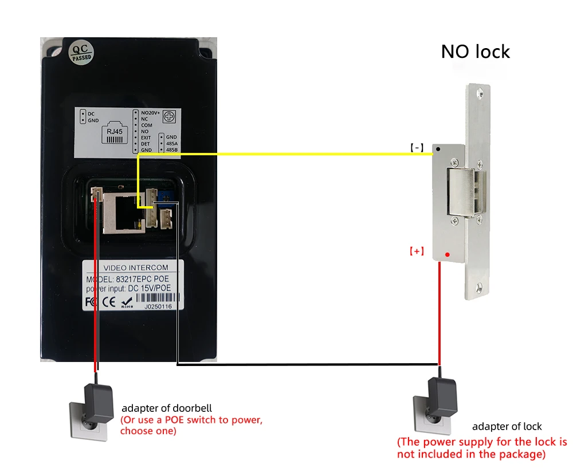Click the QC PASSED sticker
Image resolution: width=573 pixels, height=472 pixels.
pyautogui.click(x=80, y=52)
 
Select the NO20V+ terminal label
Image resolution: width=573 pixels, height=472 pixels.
pyautogui.click(x=150, y=112)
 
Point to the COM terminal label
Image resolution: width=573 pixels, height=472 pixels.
pyautogui.click(x=146, y=125)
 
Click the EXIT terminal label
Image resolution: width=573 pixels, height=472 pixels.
pyautogui.click(x=146, y=137)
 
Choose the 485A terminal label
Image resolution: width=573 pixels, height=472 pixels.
pyautogui.click(x=171, y=143)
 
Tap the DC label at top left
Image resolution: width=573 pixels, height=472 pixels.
pyautogui.click(x=91, y=113)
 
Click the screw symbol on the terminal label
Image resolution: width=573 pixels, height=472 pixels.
pyautogui.click(x=170, y=116)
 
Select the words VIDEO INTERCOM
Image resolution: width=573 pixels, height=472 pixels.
pyautogui.click(x=132, y=268)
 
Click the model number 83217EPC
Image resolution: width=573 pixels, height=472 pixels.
pyautogui.click(x=146, y=278)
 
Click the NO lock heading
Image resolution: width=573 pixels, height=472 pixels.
pyautogui.click(x=475, y=52)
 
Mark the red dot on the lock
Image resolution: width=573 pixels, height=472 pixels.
pyautogui.click(x=448, y=254)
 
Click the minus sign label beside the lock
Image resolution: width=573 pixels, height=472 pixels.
pyautogui.click(x=417, y=148)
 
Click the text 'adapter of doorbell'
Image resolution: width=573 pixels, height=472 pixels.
pyautogui.click(x=167, y=408)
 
